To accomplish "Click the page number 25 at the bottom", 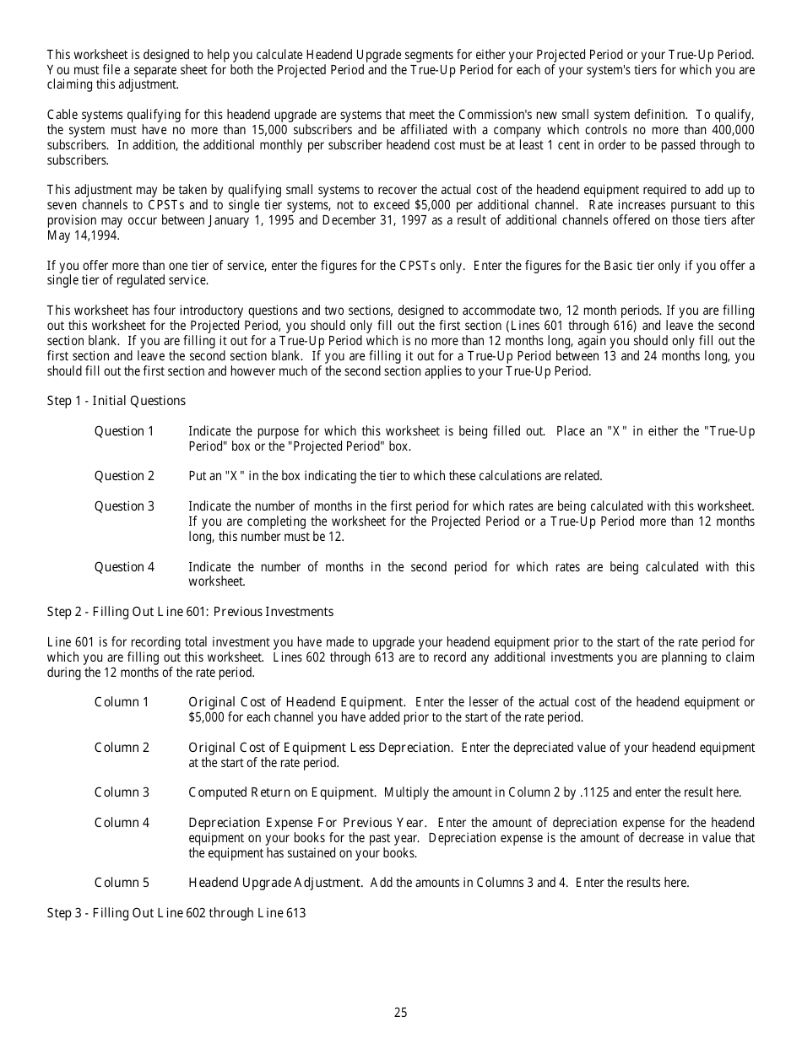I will coord(400,1013).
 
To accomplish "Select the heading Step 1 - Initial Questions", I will coord(116,401).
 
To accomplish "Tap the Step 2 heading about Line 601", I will coord(190,612).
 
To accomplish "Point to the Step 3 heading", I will coord(176,913).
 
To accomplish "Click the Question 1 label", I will coord(124,431).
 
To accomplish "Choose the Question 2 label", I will coord(124,476).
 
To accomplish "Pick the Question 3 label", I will coord(124,506).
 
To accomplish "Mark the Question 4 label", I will coord(124,567).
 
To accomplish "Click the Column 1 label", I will coord(122,702).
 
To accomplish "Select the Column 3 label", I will coord(122,792).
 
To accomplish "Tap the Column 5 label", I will coord(122,883).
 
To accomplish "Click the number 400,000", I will coord(730,130).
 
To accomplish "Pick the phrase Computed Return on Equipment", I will coord(282,792).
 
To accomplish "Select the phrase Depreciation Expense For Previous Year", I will coord(307,823).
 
